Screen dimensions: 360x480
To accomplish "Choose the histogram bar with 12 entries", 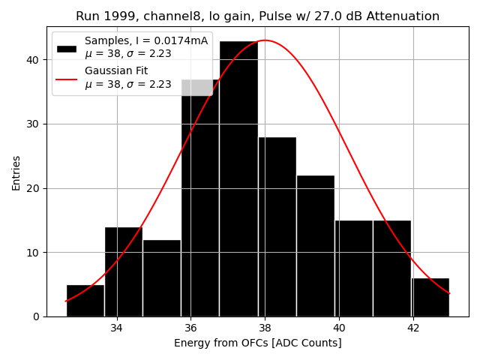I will click(162, 277).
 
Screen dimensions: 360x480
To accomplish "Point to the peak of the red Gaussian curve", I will click(265, 40).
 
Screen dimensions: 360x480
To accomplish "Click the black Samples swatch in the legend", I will click(67, 48).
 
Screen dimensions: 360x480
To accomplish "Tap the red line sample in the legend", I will click(67, 77).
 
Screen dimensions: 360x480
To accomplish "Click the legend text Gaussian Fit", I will click(116, 70).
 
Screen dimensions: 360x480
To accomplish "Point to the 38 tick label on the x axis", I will click(265, 328).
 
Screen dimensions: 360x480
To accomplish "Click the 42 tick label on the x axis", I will click(413, 328).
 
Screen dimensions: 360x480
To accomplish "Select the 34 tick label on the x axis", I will click(117, 328).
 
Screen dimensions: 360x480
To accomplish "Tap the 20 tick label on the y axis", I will click(34, 188).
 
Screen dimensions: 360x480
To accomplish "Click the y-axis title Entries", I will click(16, 172).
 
